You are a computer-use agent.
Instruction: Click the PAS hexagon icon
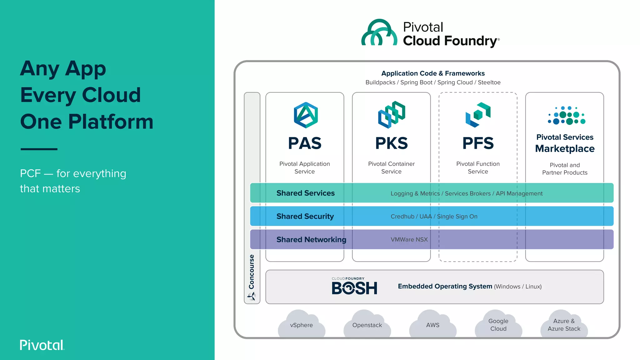pyautogui.click(x=306, y=115)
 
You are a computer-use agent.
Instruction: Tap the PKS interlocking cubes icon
pyautogui.click(x=392, y=115)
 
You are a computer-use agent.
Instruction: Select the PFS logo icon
pyautogui.click(x=478, y=115)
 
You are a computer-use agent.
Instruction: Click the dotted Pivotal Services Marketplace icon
pyautogui.click(x=566, y=116)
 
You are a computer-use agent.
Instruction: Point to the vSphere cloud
pyautogui.click(x=302, y=325)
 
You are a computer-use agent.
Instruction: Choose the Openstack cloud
pyautogui.click(x=367, y=325)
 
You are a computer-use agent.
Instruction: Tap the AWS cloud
pyautogui.click(x=433, y=325)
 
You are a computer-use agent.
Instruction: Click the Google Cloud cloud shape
pyautogui.click(x=498, y=325)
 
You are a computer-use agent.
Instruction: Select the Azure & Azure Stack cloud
pyautogui.click(x=564, y=325)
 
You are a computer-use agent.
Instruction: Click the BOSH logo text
pyautogui.click(x=354, y=288)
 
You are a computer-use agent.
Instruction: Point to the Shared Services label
pyautogui.click(x=305, y=193)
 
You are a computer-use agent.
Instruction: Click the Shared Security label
pyautogui.click(x=305, y=216)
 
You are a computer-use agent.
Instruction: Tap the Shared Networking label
pyautogui.click(x=311, y=239)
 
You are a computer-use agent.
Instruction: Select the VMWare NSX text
pyautogui.click(x=409, y=239)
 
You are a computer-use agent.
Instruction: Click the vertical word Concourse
pyautogui.click(x=252, y=272)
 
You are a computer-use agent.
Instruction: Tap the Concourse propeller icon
pyautogui.click(x=252, y=296)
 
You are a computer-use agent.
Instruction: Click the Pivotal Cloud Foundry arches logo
pyautogui.click(x=379, y=33)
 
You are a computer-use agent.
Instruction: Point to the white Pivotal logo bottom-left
pyautogui.click(x=42, y=345)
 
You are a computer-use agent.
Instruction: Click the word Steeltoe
pyautogui.click(x=489, y=82)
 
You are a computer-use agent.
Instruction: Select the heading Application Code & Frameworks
pyautogui.click(x=433, y=73)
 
